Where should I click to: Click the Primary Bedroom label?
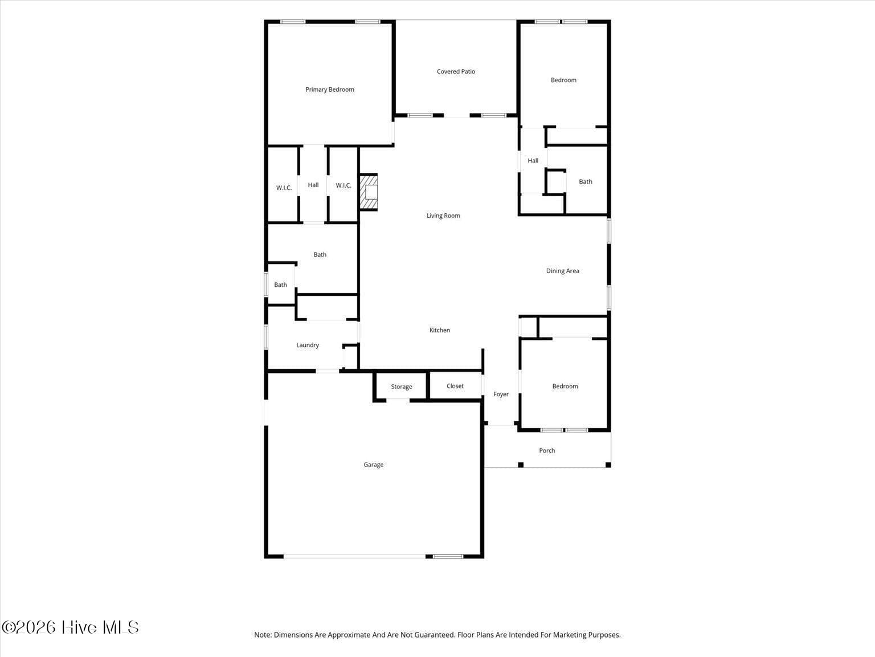point(330,90)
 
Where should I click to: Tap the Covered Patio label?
point(456,71)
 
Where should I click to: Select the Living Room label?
point(443,216)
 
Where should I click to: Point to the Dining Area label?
point(562,271)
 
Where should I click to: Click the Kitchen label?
point(440,330)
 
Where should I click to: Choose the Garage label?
point(374,465)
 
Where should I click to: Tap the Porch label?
point(547,451)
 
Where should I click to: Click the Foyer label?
point(501,394)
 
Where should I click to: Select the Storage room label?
point(402,387)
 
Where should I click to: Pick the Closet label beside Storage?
point(455,386)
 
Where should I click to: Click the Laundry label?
point(308,345)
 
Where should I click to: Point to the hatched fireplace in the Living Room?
point(369,192)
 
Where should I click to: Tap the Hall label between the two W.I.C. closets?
point(313,185)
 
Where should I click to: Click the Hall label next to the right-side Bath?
point(533,160)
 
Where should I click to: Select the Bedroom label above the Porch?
point(565,386)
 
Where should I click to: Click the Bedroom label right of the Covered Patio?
point(563,80)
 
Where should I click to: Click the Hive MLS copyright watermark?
point(71,627)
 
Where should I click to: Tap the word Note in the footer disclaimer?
point(263,635)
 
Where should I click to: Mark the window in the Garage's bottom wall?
point(448,557)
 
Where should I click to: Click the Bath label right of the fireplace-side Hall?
point(586,181)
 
